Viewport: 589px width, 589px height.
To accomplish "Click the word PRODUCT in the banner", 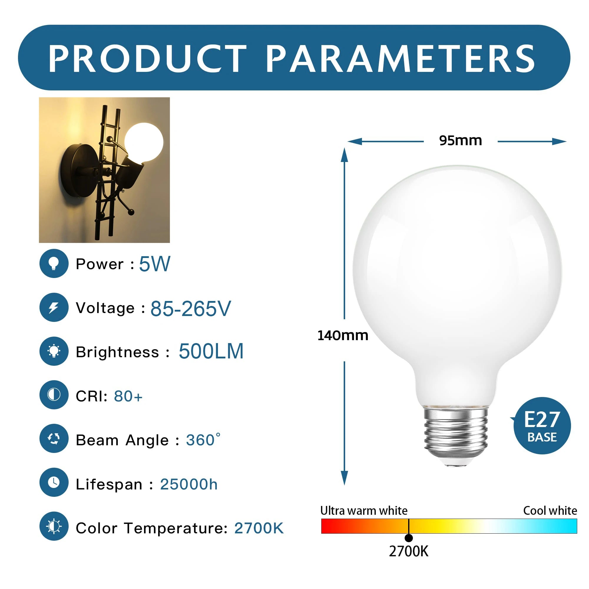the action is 148,58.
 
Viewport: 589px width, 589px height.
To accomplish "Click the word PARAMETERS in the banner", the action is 400,58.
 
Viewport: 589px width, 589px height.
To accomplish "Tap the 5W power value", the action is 155,264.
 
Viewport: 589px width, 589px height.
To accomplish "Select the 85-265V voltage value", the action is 191,309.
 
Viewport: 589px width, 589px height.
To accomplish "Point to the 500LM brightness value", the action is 211,352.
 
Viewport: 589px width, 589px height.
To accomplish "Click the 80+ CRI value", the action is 128,396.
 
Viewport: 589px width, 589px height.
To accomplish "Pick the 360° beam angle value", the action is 203,440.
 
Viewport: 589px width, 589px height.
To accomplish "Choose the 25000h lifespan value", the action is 189,484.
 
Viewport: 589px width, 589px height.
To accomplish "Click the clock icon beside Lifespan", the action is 54,482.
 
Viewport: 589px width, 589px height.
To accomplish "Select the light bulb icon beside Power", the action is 54,263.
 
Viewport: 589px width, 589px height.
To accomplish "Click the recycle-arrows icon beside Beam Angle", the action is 54,439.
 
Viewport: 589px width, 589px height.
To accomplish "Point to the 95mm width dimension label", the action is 460,140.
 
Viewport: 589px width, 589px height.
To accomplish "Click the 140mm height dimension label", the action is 343,336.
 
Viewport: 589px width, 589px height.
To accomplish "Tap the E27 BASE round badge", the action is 542,426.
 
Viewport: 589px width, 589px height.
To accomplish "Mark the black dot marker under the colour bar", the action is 408,538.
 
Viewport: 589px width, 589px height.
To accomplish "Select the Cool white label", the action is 550,511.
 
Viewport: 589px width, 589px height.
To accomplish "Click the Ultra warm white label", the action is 364,511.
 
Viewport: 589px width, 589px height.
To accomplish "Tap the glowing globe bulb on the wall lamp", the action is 144,142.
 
